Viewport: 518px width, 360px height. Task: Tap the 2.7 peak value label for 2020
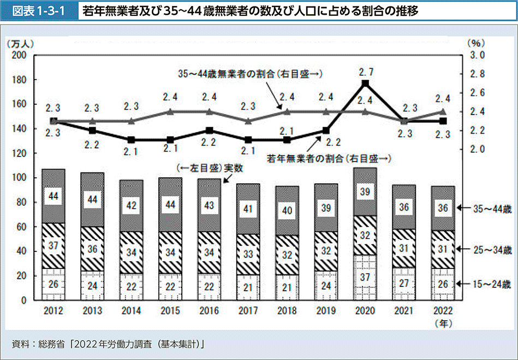[x=366, y=71]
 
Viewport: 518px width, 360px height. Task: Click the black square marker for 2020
[x=366, y=83]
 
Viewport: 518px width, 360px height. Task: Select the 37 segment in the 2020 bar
[x=366, y=278]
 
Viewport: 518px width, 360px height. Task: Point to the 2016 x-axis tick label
[x=210, y=310]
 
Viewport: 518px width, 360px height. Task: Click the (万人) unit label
[x=20, y=43]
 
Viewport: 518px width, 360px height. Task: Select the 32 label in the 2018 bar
[x=288, y=254]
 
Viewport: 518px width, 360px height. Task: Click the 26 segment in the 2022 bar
[x=443, y=284]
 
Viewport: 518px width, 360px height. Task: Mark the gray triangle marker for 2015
[x=170, y=112]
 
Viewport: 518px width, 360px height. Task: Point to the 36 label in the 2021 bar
[x=404, y=207]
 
